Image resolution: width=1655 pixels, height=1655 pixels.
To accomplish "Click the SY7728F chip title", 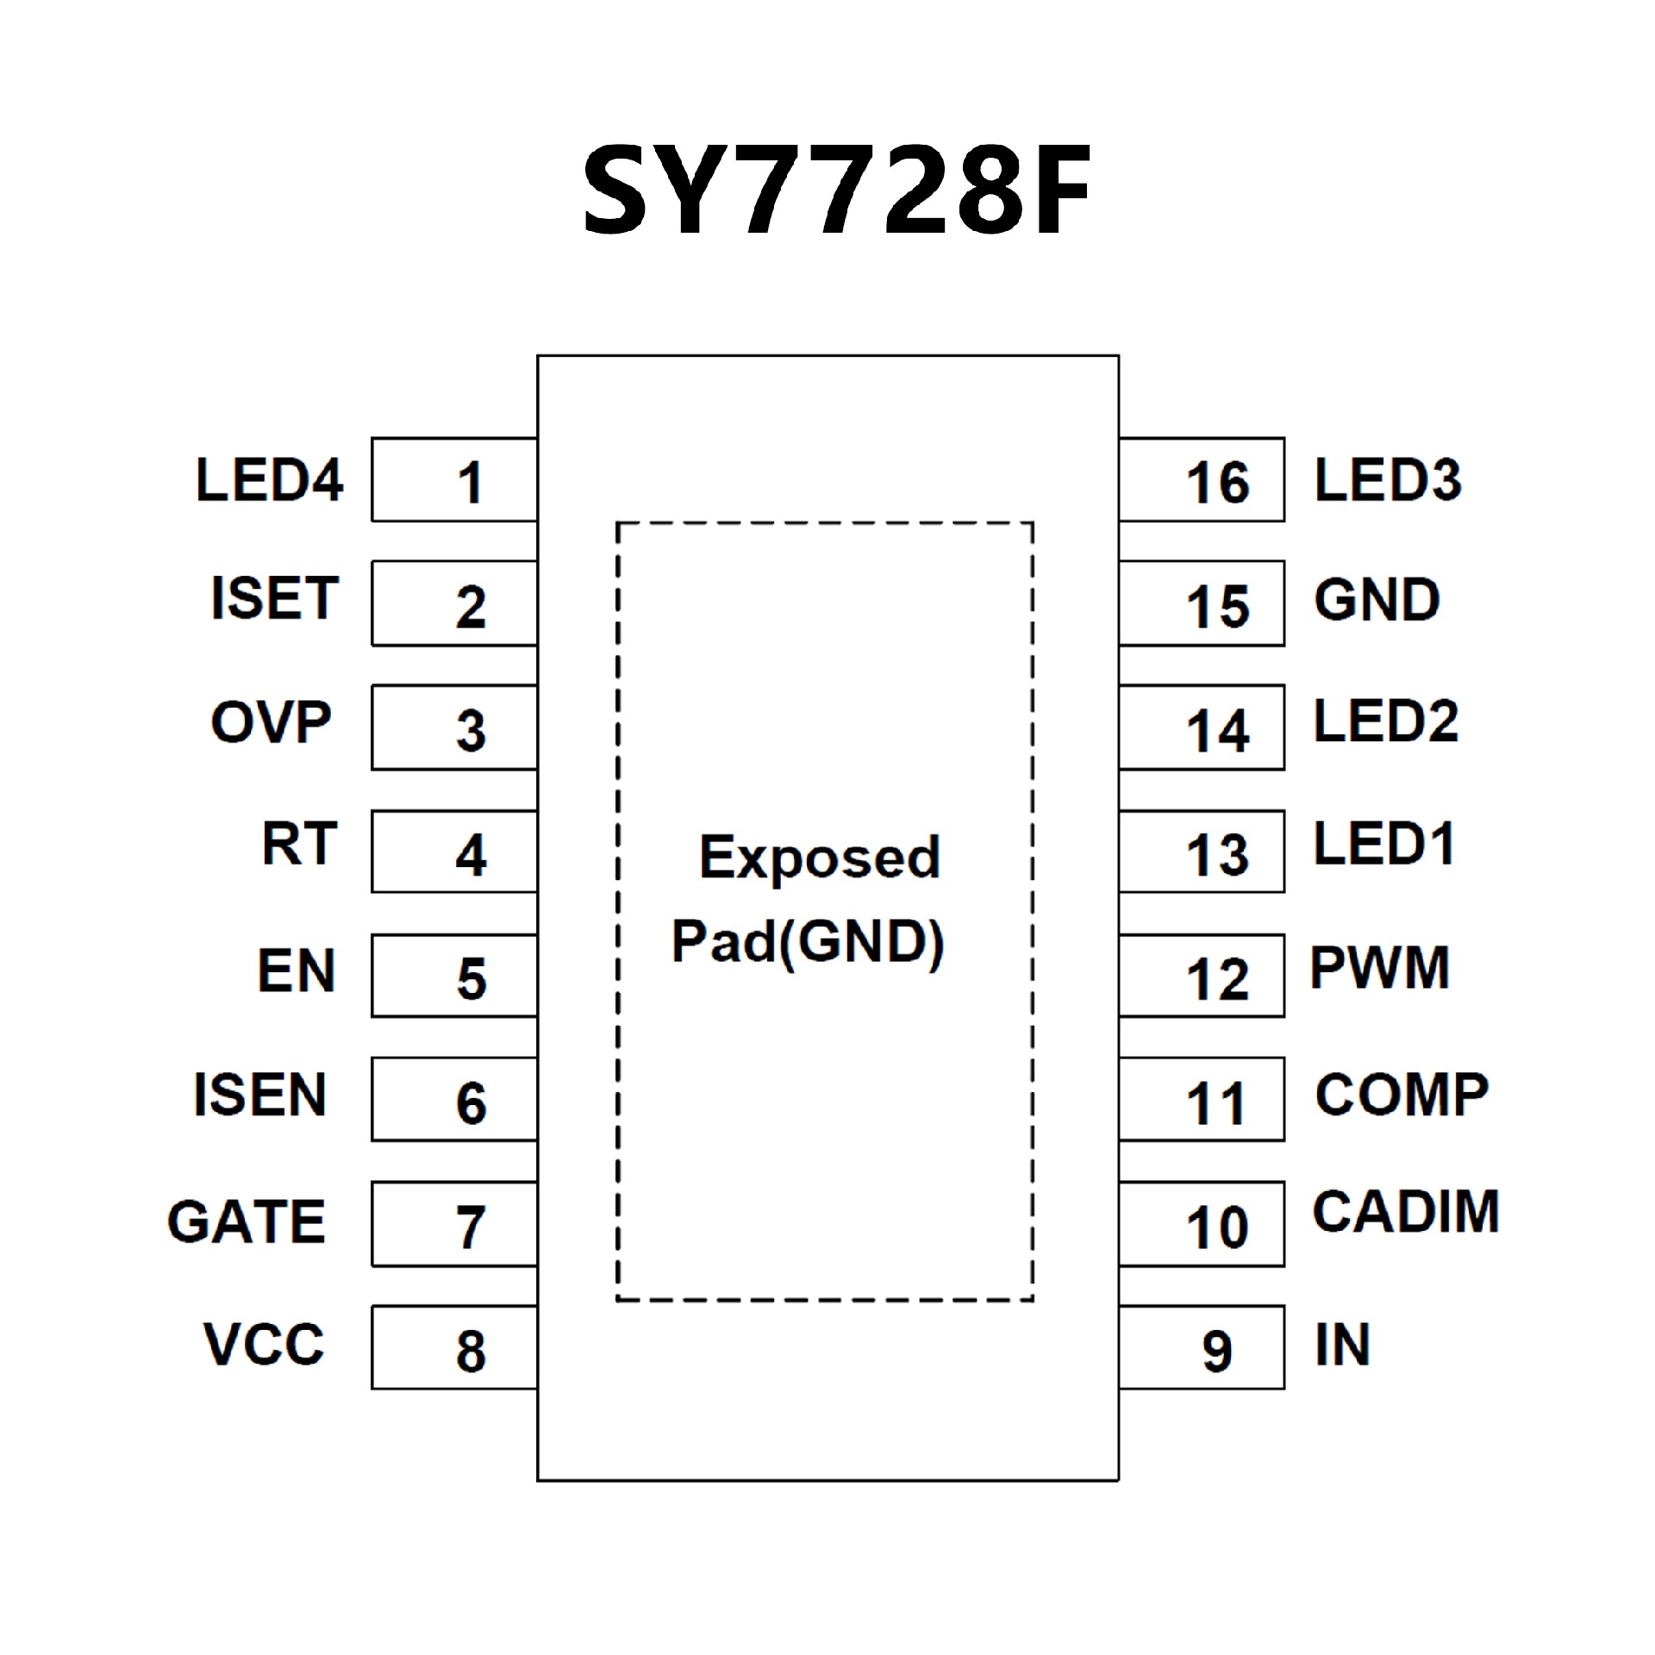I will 836,191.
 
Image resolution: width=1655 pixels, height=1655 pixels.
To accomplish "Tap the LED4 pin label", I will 269,480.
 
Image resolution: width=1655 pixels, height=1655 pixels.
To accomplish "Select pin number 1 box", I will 454,480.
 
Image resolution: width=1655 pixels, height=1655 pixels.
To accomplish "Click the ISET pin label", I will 274,599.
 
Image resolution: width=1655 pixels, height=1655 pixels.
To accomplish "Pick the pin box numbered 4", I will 454,852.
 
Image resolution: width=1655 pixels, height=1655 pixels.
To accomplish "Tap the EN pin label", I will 296,971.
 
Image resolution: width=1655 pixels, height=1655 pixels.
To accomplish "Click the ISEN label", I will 259,1096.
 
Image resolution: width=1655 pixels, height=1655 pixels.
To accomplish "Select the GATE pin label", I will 247,1221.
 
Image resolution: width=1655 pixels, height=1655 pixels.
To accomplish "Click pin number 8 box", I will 454,1347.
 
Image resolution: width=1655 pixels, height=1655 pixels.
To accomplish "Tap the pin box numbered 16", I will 1202,480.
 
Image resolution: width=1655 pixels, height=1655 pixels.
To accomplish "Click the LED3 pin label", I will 1388,480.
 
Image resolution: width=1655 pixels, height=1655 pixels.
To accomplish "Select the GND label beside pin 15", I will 1377,601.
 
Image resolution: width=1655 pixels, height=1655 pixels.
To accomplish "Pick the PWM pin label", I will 1379,969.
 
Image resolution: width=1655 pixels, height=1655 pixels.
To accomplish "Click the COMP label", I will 1402,1096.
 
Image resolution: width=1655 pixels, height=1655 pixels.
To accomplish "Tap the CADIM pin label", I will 1406,1212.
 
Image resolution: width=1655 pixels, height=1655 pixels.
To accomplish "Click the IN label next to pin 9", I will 1342,1345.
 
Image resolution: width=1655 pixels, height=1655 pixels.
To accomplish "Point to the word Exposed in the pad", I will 819,859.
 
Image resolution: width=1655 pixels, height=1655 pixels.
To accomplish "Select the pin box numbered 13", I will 1202,852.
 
